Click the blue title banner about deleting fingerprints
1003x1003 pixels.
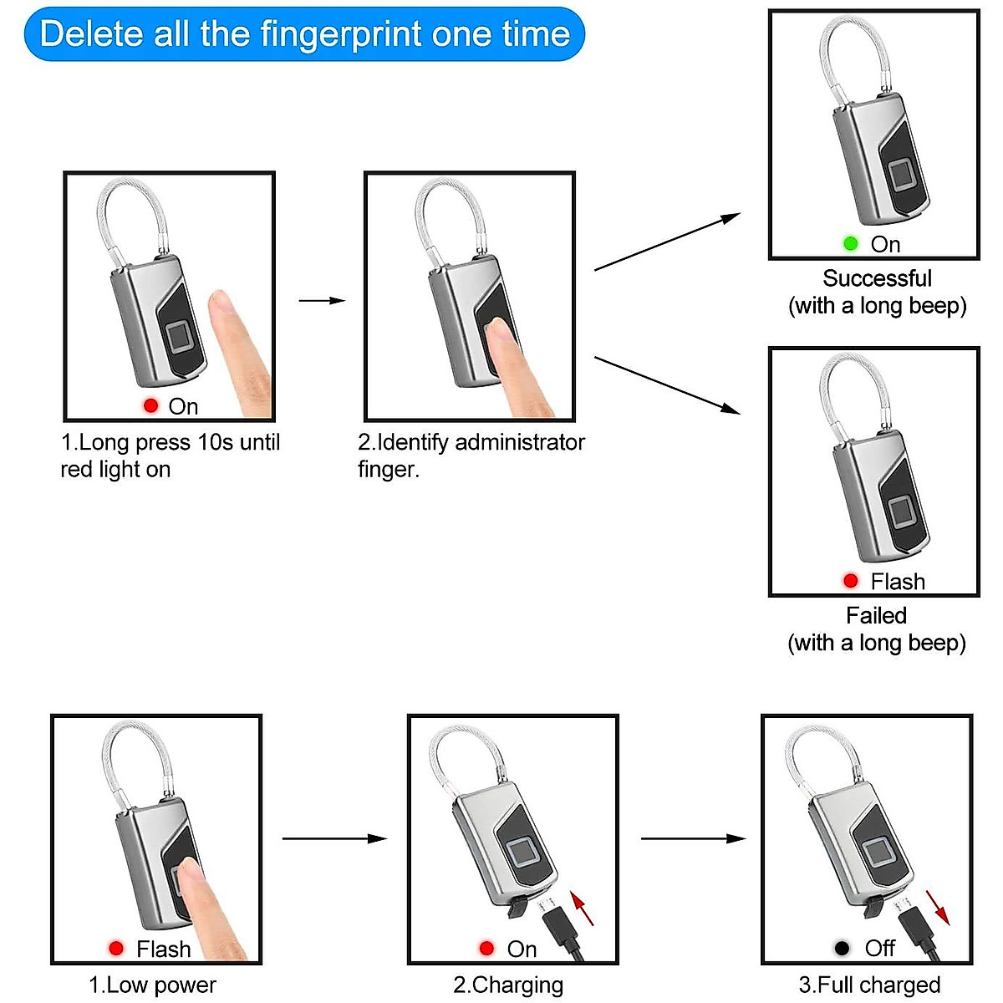pos(304,34)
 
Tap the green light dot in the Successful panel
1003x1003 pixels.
pos(851,243)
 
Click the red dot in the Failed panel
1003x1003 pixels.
pos(851,581)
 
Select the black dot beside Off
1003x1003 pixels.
pos(843,948)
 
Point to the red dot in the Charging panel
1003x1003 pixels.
pos(486,948)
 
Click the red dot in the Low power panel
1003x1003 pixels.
pos(116,948)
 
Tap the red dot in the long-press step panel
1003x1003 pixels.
pos(150,405)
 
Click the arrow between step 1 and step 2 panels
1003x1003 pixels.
pos(322,301)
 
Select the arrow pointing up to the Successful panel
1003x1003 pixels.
pos(667,242)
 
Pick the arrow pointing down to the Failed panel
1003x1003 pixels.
pos(667,384)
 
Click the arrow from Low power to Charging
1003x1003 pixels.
pos(334,838)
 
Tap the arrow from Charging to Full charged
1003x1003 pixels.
pos(693,838)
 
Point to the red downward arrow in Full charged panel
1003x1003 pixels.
pos(938,908)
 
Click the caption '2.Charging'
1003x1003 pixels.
pos(508,985)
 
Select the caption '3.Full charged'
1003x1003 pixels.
pos(869,985)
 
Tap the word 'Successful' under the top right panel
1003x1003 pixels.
pos(877,278)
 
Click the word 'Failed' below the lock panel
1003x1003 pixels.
pos(876,616)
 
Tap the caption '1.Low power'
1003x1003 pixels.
pos(152,985)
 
